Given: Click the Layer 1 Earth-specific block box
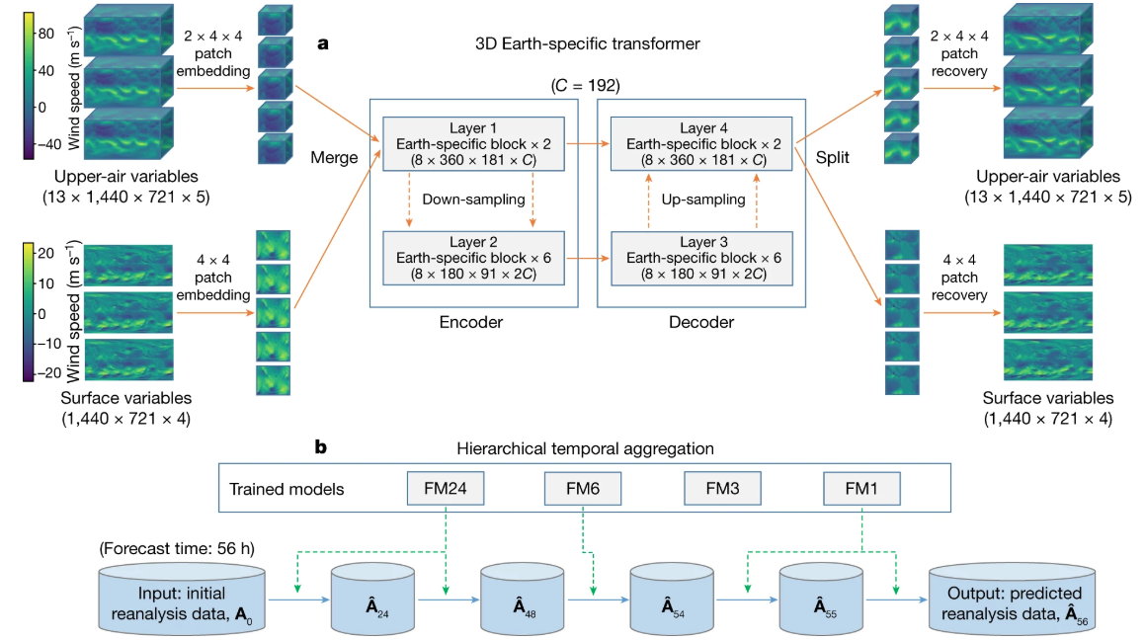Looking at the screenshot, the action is click(x=473, y=144).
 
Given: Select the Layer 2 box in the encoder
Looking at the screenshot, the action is click(x=473, y=258).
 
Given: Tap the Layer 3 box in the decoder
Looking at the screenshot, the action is click(x=701, y=258).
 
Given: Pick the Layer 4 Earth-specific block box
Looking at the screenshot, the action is click(x=701, y=144).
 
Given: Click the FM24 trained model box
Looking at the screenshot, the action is click(x=446, y=488).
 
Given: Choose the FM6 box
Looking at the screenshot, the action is click(x=583, y=488).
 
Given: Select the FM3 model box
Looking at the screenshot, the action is click(x=722, y=488).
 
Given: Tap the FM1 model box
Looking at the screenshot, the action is click(x=861, y=488).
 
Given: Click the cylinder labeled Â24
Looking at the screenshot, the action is click(x=373, y=600).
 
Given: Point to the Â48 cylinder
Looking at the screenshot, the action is click(x=522, y=600).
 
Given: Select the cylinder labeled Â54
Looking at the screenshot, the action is click(x=672, y=600).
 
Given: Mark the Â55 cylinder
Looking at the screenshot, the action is click(x=821, y=600).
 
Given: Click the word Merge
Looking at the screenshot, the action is click(x=335, y=158).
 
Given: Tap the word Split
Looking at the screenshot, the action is click(x=833, y=158).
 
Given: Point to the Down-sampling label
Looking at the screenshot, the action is click(x=474, y=200).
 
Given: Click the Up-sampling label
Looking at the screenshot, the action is click(x=703, y=200).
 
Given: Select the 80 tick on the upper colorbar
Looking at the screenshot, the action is click(x=46, y=34).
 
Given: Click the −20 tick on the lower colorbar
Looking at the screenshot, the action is click(x=49, y=373).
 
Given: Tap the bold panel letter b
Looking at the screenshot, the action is click(x=320, y=446).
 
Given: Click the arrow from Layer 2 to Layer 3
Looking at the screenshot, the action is click(x=588, y=258).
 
